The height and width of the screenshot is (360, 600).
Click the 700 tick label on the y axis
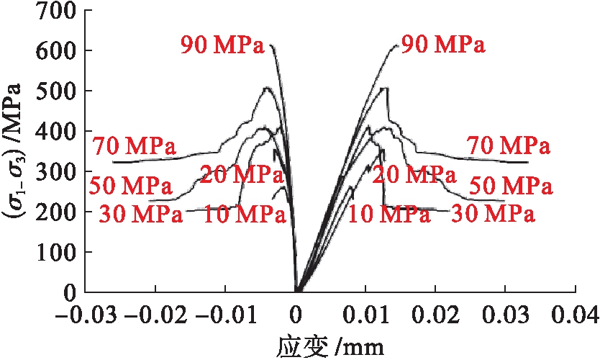pos(58,10)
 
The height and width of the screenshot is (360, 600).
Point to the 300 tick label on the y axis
pos(58,172)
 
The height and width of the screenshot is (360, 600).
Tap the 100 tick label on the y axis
pos(58,253)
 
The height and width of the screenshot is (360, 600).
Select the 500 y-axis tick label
pos(58,91)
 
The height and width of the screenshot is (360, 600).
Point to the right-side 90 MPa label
pos(443,45)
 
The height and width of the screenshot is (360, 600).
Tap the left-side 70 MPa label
pos(135,147)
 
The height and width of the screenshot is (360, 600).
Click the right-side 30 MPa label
pos(493,214)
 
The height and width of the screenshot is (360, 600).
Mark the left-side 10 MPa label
pos(245,214)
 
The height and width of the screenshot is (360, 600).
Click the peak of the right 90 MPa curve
pos(396,45)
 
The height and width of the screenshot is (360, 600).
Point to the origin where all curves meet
pos(296,292)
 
